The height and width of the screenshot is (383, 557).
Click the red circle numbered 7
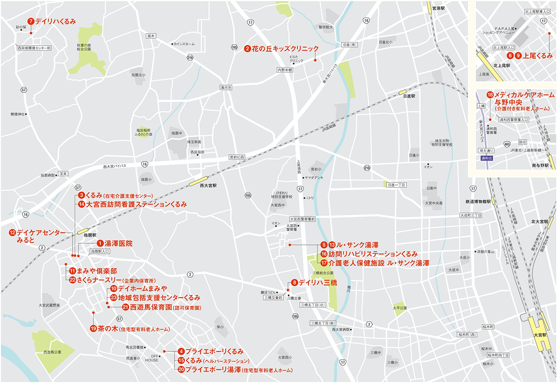tap(31, 21)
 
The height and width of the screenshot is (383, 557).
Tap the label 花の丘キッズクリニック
tap(284, 49)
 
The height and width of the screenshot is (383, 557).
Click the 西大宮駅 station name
tap(208, 185)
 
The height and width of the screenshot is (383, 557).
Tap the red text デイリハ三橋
tap(319, 283)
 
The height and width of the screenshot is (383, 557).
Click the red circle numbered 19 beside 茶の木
tap(93, 328)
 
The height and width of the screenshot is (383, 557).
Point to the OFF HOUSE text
tap(152, 357)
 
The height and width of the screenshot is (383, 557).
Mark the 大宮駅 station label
tap(538, 335)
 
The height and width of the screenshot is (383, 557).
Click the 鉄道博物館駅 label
tap(478, 201)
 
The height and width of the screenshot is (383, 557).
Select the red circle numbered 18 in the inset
tap(490, 94)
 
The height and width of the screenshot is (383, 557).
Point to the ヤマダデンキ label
tap(316, 177)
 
